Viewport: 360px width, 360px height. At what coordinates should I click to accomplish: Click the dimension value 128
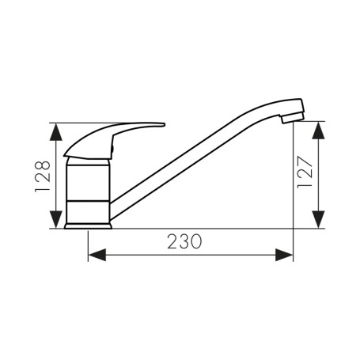click(x=43, y=176)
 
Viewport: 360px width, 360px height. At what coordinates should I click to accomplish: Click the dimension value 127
click(x=305, y=172)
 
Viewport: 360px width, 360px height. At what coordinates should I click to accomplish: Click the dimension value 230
click(x=184, y=241)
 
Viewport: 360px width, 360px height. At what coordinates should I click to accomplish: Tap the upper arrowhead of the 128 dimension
click(x=56, y=132)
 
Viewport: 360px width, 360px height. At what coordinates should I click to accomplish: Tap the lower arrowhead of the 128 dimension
click(x=56, y=219)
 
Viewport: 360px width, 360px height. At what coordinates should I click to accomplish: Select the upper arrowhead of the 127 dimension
click(x=318, y=131)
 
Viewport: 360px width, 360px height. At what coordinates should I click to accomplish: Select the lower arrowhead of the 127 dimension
click(x=318, y=219)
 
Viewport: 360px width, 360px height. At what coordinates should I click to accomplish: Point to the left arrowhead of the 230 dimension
click(x=97, y=255)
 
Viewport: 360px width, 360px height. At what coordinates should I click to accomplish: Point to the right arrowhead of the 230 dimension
click(x=284, y=255)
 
